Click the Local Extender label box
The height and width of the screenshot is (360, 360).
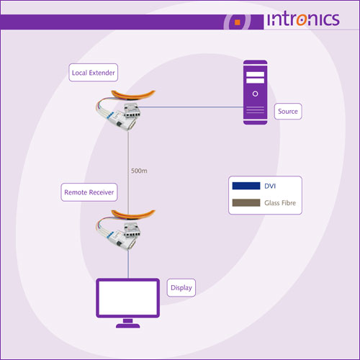point(93,73)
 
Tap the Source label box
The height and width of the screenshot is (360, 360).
point(288,112)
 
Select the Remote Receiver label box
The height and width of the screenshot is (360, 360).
point(89,192)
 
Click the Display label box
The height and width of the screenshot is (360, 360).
point(181,287)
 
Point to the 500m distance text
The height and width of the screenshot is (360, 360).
point(139,171)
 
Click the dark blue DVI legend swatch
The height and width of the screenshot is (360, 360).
point(246,186)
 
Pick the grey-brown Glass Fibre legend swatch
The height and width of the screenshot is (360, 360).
point(246,202)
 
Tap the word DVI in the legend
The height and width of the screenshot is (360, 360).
point(270,186)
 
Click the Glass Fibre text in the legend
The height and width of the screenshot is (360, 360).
point(280,203)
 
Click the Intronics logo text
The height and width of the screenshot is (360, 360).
point(303,19)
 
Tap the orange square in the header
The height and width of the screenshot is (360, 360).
point(238,22)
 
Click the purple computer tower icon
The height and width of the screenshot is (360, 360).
point(255,92)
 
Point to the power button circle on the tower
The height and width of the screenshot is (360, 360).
point(256,94)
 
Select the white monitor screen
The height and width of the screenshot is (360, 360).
point(128,298)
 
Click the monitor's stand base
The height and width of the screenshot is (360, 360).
point(128,325)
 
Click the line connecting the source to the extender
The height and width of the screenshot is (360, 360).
point(191,107)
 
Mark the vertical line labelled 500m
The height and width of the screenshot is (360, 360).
point(128,171)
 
